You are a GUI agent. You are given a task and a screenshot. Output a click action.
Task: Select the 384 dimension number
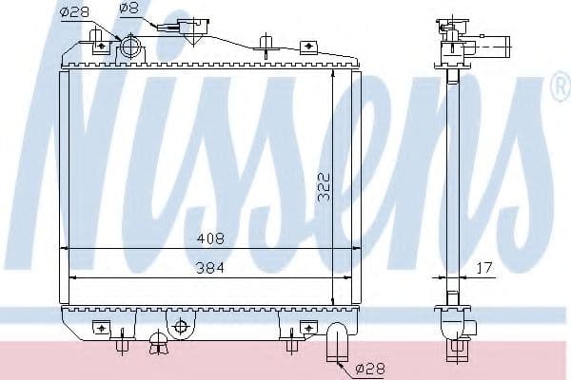click(x=211, y=269)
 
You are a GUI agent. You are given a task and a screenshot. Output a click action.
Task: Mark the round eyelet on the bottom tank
click(x=179, y=327)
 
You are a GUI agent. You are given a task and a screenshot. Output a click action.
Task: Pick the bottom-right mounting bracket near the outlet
click(x=306, y=328)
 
